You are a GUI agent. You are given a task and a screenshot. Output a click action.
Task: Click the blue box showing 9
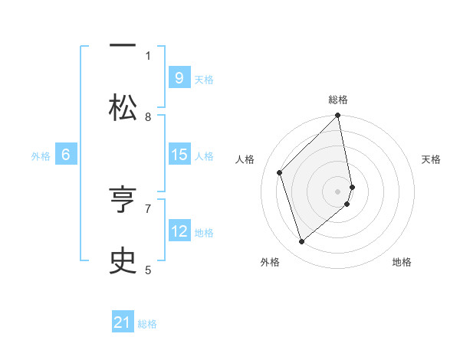pyautogui.click(x=179, y=78)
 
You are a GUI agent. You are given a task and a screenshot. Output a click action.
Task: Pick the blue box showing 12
pyautogui.click(x=179, y=231)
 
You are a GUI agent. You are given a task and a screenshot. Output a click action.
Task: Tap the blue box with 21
pyautogui.click(x=123, y=323)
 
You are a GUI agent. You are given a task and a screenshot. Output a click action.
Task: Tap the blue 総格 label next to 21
pyautogui.click(x=147, y=324)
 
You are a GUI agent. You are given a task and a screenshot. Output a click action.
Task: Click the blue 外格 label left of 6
pyautogui.click(x=41, y=156)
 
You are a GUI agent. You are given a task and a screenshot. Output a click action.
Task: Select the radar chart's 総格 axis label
pyautogui.click(x=338, y=100)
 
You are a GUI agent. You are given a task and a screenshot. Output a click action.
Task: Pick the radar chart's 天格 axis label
pyautogui.click(x=431, y=159)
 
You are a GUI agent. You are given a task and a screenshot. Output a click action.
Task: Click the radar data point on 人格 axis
pyautogui.click(x=280, y=172)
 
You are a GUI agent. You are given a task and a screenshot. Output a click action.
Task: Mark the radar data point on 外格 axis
pyautogui.click(x=301, y=242)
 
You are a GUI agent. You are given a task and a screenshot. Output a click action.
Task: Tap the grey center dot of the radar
pyautogui.click(x=338, y=191)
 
